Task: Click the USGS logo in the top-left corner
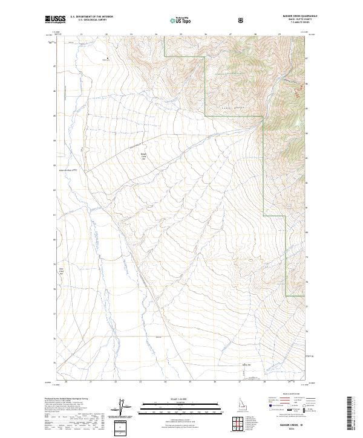click(56, 20)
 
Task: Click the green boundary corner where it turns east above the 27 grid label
click(263, 215)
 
